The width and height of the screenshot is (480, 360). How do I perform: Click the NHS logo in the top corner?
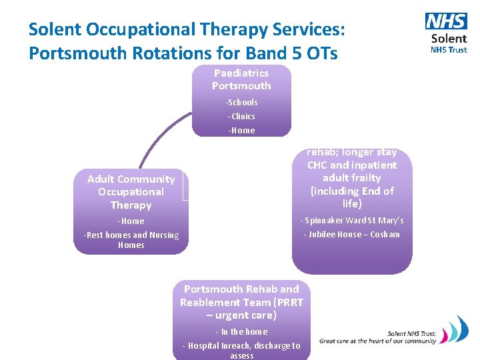[x=446, y=21]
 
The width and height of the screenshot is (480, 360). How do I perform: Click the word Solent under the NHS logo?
[x=449, y=39]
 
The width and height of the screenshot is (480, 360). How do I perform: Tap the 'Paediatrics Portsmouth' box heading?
[x=241, y=79]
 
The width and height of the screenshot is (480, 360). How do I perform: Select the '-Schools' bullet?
[x=241, y=102]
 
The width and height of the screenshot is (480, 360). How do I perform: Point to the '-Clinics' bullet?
[x=241, y=116]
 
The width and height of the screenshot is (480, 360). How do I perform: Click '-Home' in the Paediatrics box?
[x=241, y=130]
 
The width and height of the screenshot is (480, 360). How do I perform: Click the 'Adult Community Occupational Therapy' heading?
[x=131, y=191]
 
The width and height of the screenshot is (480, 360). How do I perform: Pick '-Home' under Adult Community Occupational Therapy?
[x=131, y=221]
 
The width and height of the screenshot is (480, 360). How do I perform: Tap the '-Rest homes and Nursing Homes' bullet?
[x=131, y=239]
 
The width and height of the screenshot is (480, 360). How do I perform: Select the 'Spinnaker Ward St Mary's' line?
[x=352, y=221]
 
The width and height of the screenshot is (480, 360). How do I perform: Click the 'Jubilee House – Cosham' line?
[x=352, y=234]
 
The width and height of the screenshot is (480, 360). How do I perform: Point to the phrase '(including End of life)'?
[x=352, y=197]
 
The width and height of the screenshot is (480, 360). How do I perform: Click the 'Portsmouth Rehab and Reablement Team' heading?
[x=241, y=302]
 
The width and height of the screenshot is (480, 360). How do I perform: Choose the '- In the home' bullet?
[x=241, y=331]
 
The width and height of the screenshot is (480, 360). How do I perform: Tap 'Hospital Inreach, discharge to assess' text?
[x=241, y=350]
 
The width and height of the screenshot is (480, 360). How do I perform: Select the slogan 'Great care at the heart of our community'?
[x=377, y=341]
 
